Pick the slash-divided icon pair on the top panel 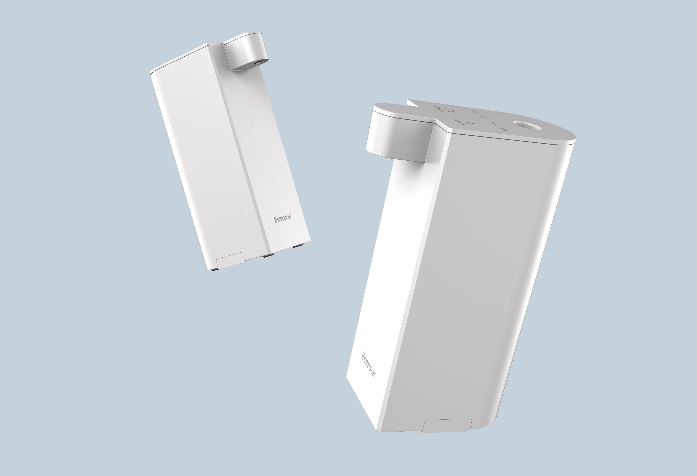(450, 112)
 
